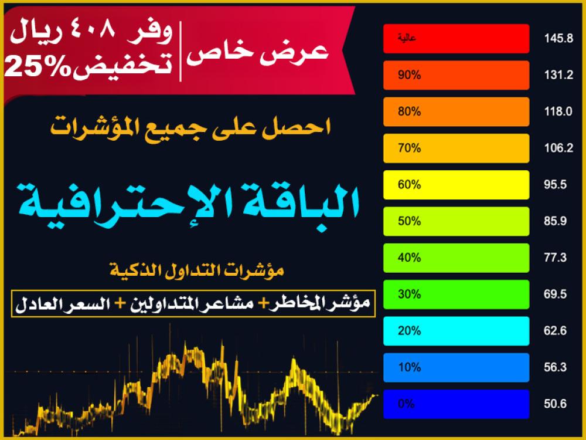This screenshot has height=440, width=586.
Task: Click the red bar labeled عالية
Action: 456,39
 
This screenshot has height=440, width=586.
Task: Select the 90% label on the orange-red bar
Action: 409,75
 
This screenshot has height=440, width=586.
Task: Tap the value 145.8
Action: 558,39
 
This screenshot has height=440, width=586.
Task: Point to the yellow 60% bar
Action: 456,185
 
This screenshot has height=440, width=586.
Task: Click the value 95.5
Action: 556,185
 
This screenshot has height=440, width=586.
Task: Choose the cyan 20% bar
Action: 456,331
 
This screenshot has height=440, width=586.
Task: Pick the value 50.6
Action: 556,404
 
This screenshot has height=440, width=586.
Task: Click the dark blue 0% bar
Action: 456,404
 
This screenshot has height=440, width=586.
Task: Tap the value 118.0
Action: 558,111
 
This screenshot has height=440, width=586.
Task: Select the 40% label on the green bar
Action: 409,258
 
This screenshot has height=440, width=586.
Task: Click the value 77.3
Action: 556,258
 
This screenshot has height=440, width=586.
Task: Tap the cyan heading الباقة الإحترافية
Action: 188,204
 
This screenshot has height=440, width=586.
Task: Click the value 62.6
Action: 556,331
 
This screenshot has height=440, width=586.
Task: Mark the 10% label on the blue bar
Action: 409,367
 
